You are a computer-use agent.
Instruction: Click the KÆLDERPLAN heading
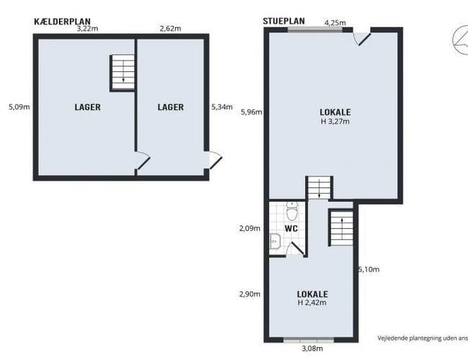[62, 22]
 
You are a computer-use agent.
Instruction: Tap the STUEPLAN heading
[284, 21]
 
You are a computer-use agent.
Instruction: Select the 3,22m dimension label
[87, 29]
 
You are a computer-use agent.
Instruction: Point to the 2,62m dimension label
[170, 29]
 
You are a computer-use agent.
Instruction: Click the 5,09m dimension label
[19, 107]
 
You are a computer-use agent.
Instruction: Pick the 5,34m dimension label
[222, 107]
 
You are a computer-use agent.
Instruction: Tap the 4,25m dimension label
[335, 23]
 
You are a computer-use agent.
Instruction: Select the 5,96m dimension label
[251, 112]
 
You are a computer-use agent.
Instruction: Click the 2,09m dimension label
[250, 229]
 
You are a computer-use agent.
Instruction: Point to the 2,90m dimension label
[250, 294]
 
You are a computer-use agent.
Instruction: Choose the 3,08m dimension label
[312, 348]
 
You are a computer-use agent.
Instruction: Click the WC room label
[291, 229]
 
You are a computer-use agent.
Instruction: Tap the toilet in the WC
[292, 211]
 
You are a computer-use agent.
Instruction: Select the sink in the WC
[275, 241]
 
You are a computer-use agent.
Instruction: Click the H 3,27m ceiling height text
[336, 122]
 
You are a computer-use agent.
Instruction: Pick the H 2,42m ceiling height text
[312, 302]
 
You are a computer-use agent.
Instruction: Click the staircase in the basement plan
[122, 73]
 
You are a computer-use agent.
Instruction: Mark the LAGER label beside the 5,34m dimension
[171, 107]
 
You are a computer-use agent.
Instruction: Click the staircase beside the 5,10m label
[341, 228]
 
